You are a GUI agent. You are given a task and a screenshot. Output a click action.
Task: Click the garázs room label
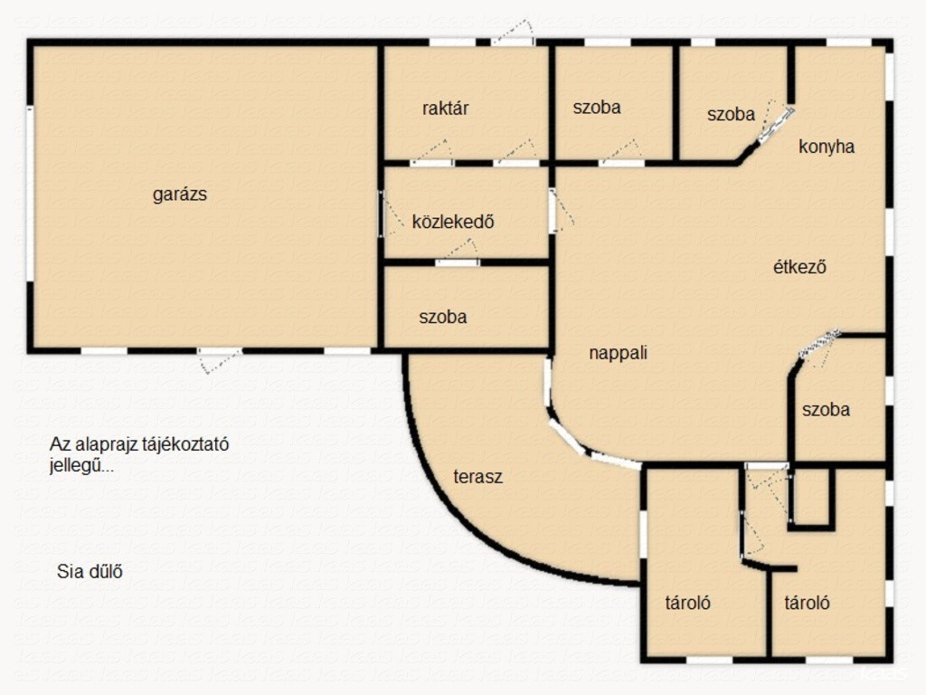tap(180, 195)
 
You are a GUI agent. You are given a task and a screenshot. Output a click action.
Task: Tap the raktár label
tap(445, 109)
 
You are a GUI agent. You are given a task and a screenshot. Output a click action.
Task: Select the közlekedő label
tap(453, 222)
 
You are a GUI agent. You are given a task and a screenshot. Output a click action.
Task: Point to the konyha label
tap(827, 146)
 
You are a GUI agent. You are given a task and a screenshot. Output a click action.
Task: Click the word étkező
tap(799, 267)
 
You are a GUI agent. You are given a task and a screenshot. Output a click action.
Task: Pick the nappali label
tap(619, 353)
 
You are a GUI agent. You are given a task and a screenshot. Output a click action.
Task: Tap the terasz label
tap(477, 476)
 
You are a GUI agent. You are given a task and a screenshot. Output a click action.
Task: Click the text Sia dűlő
tap(90, 572)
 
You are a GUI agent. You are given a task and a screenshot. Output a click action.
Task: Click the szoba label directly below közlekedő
tap(443, 317)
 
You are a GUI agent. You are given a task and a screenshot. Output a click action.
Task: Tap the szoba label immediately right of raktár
tap(597, 107)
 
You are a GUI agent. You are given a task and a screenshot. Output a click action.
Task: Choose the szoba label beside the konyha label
tap(731, 114)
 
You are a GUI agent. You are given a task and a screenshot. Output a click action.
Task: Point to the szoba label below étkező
tap(826, 410)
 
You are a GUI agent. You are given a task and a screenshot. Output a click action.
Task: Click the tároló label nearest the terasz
tap(687, 603)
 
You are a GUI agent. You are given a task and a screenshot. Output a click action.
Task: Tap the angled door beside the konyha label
tap(775, 125)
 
